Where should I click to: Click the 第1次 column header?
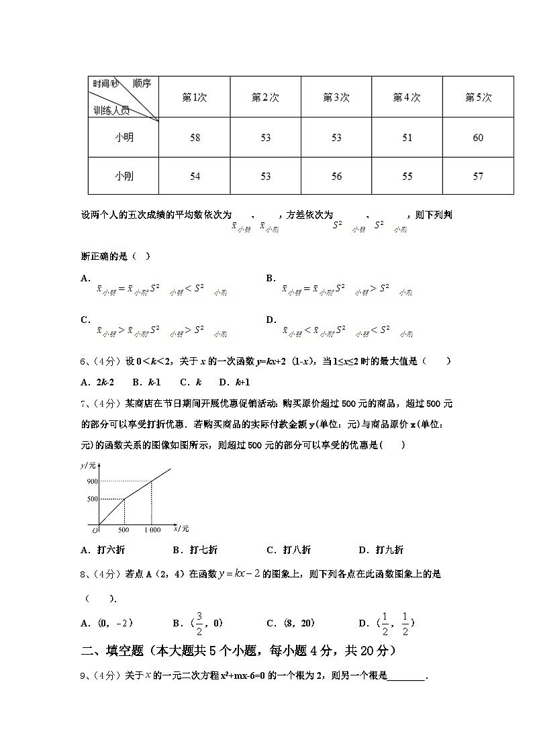195,97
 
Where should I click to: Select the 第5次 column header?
478,97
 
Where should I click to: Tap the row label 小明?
124,138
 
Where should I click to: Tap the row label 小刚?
124,176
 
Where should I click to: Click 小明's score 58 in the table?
195,138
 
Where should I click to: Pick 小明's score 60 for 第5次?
478,138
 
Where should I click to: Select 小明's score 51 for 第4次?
407,138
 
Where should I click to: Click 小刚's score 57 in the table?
478,177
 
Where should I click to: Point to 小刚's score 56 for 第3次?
336,177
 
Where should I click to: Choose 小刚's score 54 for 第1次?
195,177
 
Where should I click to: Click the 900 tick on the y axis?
92,481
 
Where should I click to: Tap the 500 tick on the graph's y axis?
92,499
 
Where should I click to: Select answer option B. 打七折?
195,550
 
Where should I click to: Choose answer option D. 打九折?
381,550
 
